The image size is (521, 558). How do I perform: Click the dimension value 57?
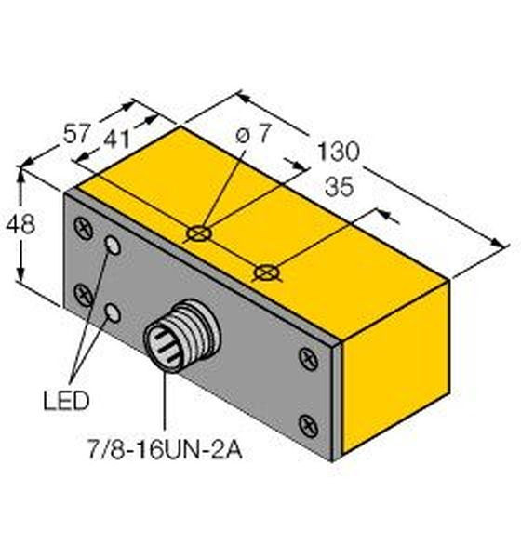point(75,134)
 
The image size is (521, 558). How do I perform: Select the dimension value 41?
point(116,139)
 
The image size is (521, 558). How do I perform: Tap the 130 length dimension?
point(338,152)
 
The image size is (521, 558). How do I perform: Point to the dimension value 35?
point(340,187)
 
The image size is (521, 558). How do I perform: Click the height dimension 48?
point(20,224)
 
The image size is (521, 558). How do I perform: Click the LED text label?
point(66,400)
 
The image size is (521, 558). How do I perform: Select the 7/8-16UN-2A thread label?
point(165,450)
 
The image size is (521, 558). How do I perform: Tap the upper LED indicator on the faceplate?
point(114,246)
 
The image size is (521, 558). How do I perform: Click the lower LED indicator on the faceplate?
point(113,312)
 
